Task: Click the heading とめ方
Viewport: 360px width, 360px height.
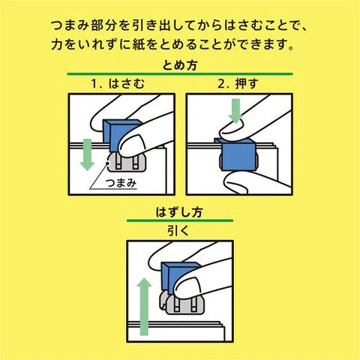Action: point(179,65)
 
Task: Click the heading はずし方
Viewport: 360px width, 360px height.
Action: point(179,212)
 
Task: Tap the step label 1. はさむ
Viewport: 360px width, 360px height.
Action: point(118,83)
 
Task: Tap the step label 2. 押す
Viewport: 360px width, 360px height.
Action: point(238,83)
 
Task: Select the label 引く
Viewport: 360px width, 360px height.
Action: point(178,230)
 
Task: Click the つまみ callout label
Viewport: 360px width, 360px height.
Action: point(121,183)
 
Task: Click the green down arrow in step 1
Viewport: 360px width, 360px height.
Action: point(87,155)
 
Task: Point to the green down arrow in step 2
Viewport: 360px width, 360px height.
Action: point(235,111)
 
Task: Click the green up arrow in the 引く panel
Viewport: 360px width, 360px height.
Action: point(144,307)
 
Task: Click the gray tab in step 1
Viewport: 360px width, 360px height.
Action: point(126,163)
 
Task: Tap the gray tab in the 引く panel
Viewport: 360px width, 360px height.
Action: point(181,304)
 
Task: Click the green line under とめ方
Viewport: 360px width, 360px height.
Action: point(180,74)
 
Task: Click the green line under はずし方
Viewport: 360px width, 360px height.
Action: point(180,220)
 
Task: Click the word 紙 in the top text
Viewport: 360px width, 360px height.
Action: point(139,44)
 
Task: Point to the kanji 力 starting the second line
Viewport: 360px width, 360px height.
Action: point(57,44)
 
